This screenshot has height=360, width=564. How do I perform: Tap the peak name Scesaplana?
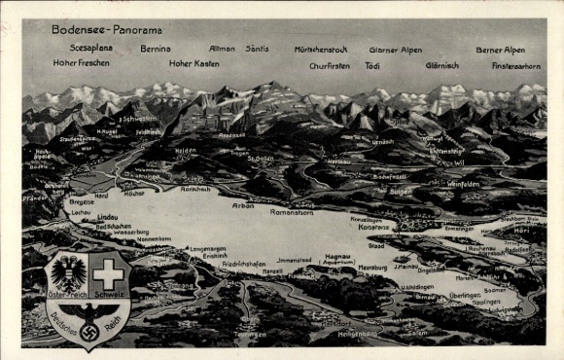tap(90, 47)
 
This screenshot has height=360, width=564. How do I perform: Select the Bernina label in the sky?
tap(156, 48)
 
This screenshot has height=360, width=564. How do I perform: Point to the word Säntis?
tap(257, 48)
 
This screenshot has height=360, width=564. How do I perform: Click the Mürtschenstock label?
tap(320, 50)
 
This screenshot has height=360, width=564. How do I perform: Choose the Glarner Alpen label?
tap(395, 50)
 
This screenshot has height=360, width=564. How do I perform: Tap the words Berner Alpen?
tap(500, 50)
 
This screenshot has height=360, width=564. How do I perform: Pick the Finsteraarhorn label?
tap(516, 65)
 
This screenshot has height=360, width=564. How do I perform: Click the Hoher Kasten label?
tap(194, 64)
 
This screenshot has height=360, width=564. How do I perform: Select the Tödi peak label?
tap(372, 65)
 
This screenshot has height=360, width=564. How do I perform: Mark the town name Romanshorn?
tap(291, 211)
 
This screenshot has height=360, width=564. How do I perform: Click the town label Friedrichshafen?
tap(243, 263)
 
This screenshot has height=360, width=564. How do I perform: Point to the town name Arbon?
tap(243, 206)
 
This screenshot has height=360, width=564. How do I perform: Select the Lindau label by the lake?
tap(107, 217)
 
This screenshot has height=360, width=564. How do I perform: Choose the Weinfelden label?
tap(463, 184)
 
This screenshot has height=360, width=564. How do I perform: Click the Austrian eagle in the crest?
tap(68, 272)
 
